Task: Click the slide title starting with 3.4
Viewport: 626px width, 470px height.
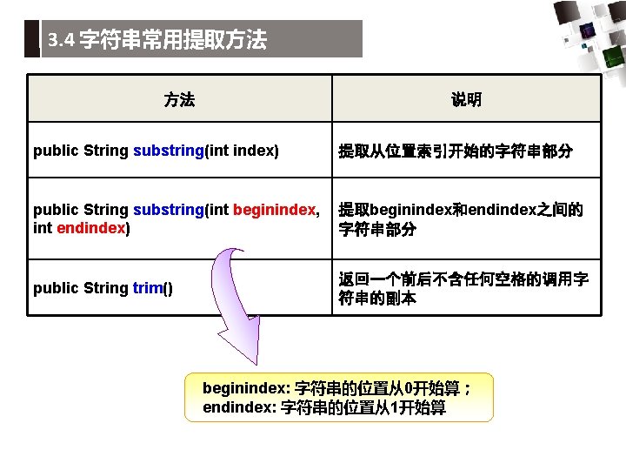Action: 157,40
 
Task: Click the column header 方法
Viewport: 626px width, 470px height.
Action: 179,99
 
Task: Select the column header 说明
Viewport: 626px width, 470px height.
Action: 466,99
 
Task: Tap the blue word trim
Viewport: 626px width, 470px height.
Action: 148,288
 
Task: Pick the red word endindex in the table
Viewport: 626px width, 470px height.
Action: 91,228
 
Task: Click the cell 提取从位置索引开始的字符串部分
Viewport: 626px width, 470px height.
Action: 455,151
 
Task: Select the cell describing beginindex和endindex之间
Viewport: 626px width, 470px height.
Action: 460,220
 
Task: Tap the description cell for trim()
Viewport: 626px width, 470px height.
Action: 463,289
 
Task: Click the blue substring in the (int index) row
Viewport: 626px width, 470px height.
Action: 168,151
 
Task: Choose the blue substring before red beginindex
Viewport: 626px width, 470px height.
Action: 168,211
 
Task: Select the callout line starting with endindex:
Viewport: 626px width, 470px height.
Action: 323,407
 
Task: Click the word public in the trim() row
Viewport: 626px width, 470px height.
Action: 56,288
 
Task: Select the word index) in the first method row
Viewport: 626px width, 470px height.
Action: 256,151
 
